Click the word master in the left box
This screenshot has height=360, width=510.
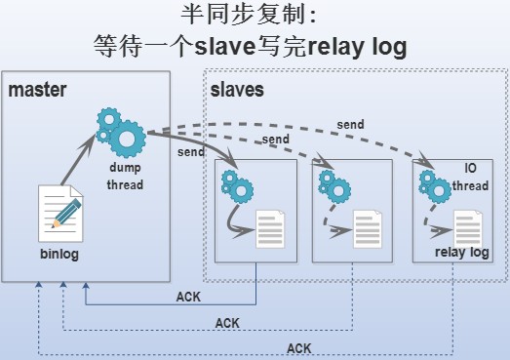click(37, 91)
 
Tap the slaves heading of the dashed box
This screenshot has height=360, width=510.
click(237, 91)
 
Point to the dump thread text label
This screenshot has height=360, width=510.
click(125, 177)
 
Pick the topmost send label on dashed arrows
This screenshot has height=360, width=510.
click(350, 125)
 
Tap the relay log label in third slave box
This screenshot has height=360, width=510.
click(461, 253)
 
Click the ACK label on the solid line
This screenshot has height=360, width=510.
click(187, 297)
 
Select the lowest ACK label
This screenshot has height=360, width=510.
click(299, 347)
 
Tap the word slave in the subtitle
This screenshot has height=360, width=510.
click(222, 45)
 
